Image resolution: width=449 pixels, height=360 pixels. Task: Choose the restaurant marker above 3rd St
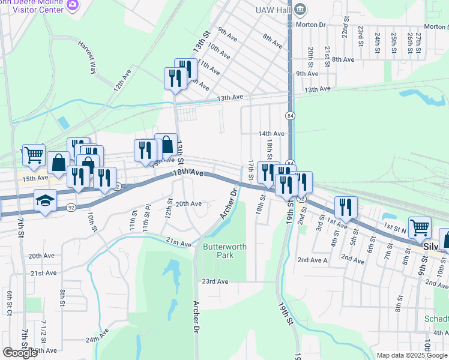(x=345, y=208)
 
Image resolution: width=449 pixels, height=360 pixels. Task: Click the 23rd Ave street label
(x=215, y=281)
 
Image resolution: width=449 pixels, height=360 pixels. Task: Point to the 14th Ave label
(x=271, y=133)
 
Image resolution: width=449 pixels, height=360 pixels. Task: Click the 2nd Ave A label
(x=313, y=260)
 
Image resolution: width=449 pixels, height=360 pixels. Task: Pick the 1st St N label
(x=396, y=229)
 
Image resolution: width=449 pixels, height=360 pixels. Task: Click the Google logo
(x=20, y=353)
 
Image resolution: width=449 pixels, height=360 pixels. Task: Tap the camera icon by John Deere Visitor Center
(x=73, y=5)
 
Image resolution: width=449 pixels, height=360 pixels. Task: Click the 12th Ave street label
(x=123, y=83)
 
